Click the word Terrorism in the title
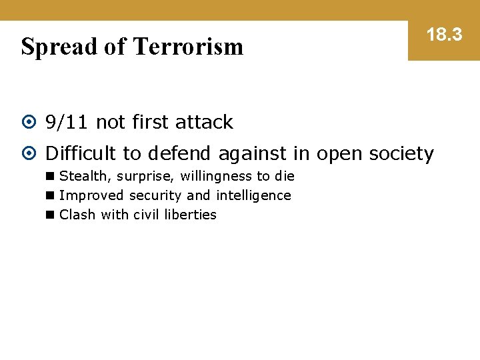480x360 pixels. [188, 47]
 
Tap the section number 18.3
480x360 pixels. [444, 35]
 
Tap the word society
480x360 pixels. [399, 154]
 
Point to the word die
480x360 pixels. [285, 176]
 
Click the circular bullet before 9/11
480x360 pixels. [29, 123]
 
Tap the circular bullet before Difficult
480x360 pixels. [29, 154]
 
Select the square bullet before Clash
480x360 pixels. [50, 215]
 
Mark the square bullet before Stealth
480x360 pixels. [50, 177]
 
